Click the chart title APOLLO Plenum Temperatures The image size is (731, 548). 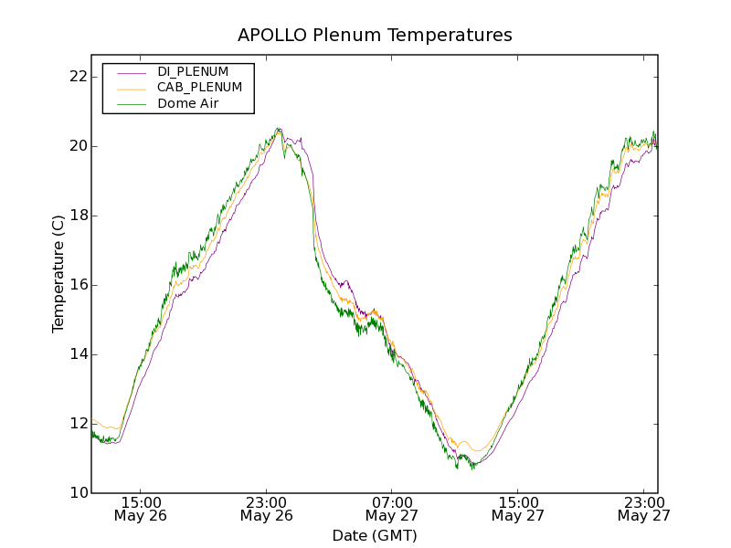(375, 36)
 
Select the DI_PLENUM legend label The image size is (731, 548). (193, 71)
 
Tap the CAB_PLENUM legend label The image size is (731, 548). (199, 88)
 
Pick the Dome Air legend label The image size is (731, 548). (187, 103)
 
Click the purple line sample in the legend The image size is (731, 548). (131, 71)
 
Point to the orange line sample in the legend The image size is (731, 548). (131, 88)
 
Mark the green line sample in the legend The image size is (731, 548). (131, 103)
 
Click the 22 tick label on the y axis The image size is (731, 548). (78, 76)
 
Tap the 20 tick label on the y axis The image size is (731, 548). (78, 146)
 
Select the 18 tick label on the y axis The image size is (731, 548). (78, 216)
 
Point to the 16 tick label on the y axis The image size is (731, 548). (78, 285)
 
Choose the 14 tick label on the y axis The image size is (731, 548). (78, 354)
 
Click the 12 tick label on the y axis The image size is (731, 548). (78, 424)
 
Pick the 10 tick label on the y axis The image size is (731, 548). (78, 493)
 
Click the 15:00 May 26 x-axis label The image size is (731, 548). (141, 509)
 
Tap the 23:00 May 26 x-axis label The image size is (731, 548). (267, 509)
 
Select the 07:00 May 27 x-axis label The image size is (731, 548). (393, 509)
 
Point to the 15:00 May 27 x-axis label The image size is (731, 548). (518, 509)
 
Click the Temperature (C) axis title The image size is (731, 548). (58, 274)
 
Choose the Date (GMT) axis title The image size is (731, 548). (375, 535)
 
